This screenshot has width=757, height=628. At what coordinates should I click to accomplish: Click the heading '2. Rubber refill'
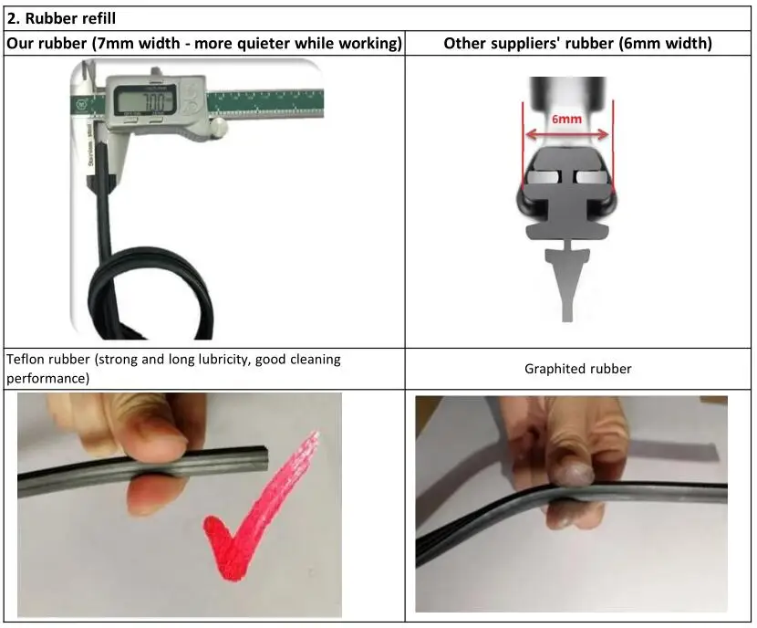coord(61,18)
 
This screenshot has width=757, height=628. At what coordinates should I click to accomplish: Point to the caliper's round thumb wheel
coord(218,126)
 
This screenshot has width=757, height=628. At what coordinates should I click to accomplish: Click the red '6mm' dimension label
coord(566,119)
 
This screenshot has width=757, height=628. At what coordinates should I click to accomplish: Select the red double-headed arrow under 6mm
coord(566,134)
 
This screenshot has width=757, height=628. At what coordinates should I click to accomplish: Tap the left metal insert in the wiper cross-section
coord(544,178)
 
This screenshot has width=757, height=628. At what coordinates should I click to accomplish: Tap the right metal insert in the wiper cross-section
coord(590,178)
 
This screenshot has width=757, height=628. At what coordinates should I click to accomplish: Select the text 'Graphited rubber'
coord(578,369)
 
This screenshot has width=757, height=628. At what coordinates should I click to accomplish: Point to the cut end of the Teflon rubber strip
coord(262,458)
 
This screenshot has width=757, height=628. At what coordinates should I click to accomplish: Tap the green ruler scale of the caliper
coord(265,103)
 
